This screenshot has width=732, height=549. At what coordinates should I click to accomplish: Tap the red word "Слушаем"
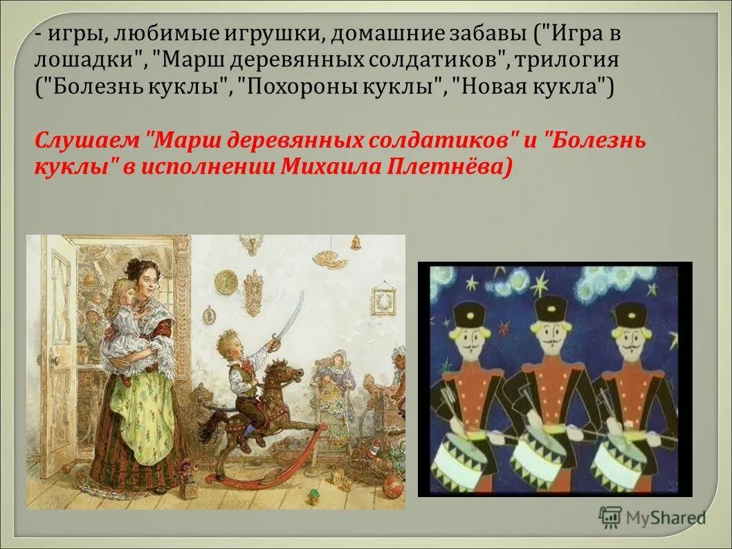click(x=86, y=141)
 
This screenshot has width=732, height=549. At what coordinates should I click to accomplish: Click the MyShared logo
click(x=653, y=517)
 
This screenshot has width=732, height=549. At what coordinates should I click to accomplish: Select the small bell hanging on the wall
click(x=356, y=242)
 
